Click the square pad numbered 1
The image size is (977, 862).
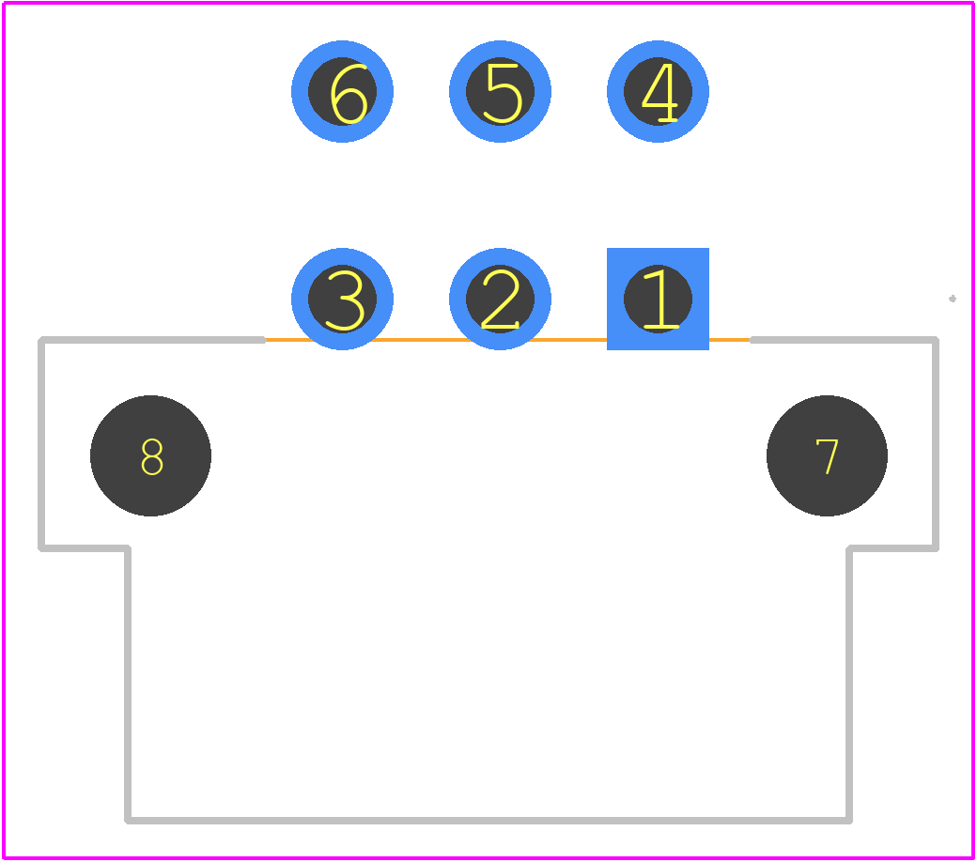point(658,299)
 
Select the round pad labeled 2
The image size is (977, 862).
point(500,299)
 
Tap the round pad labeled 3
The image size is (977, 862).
point(342,299)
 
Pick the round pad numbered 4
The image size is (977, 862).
point(658,92)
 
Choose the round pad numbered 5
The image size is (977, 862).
point(500,92)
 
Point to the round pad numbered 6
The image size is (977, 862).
point(342,92)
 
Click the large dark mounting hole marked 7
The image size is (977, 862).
point(827,456)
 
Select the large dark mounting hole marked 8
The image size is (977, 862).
point(151,456)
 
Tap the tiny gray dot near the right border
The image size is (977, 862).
point(952,299)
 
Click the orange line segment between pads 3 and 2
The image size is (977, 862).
point(421,340)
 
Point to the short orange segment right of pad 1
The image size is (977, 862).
point(730,340)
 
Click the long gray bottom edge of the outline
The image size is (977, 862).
point(488,821)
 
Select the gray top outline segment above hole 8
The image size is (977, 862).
point(152,340)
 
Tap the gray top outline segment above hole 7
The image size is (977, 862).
point(845,340)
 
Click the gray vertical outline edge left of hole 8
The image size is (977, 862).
point(41,444)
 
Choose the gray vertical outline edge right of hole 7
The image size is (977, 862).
point(936,444)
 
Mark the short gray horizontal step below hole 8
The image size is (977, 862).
point(85,548)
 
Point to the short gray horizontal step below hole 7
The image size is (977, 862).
point(892,548)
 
